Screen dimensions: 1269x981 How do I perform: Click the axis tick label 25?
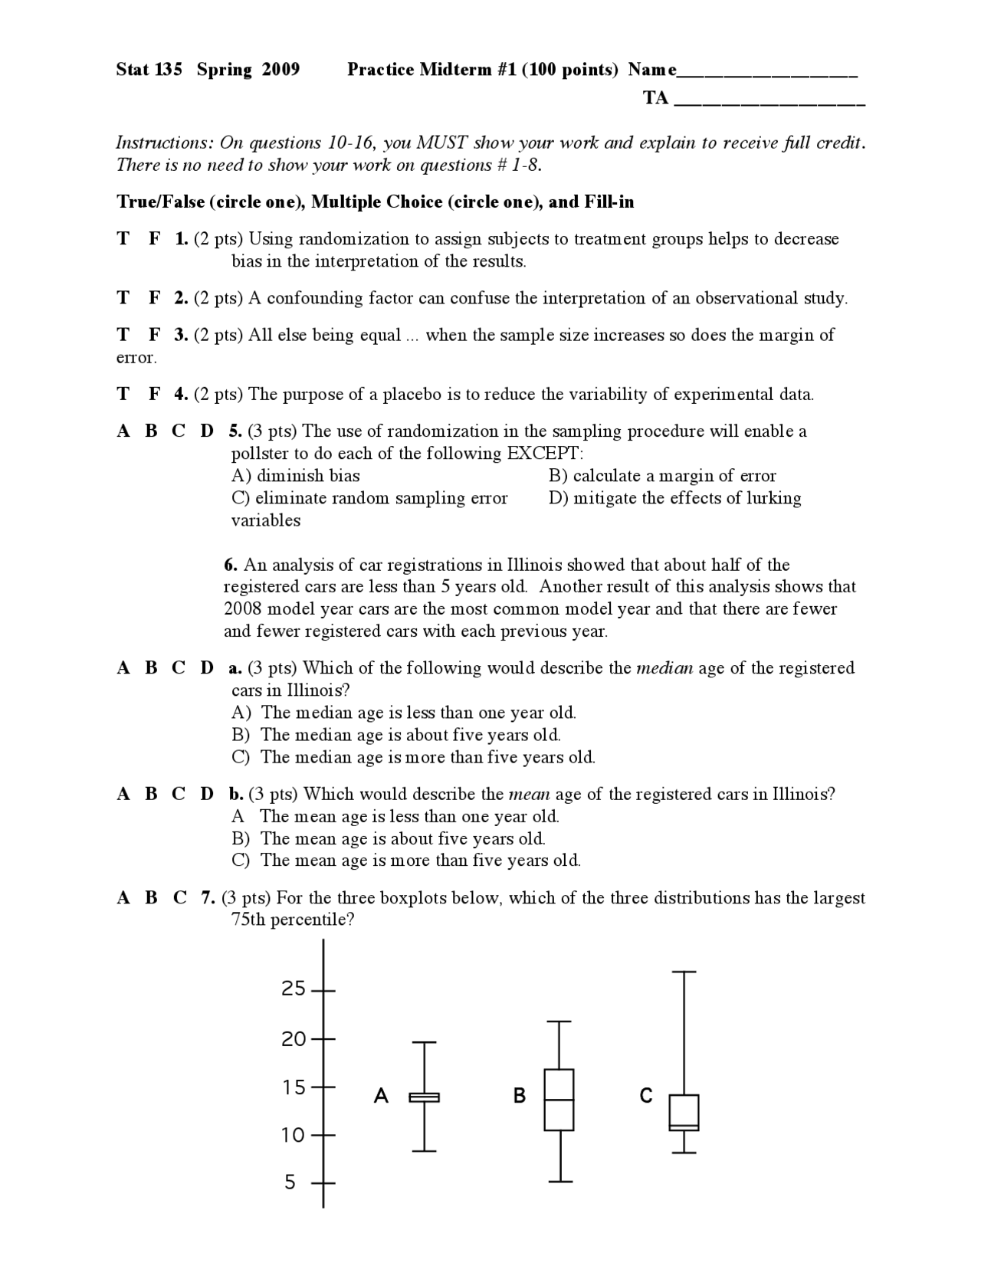[294, 989]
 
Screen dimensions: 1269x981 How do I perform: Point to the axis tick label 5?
[290, 1182]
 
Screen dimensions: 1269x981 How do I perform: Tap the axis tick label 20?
[294, 1039]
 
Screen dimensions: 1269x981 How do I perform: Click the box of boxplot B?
[559, 1100]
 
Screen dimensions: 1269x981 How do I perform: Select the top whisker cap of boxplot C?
[684, 972]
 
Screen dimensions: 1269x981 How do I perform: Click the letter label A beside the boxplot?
[381, 1097]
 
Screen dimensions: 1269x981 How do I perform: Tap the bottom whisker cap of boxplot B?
[560, 1182]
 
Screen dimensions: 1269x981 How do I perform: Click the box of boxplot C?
[684, 1113]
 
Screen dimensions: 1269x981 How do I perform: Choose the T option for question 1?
[123, 239]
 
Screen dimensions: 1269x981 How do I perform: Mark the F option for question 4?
[154, 395]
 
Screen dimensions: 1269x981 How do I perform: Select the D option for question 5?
[207, 431]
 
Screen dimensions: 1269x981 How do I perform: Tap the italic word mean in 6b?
[530, 794]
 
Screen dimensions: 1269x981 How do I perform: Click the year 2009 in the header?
[281, 70]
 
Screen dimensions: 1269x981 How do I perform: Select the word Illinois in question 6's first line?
[534, 566]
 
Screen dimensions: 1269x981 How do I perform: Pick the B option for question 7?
[151, 897]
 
